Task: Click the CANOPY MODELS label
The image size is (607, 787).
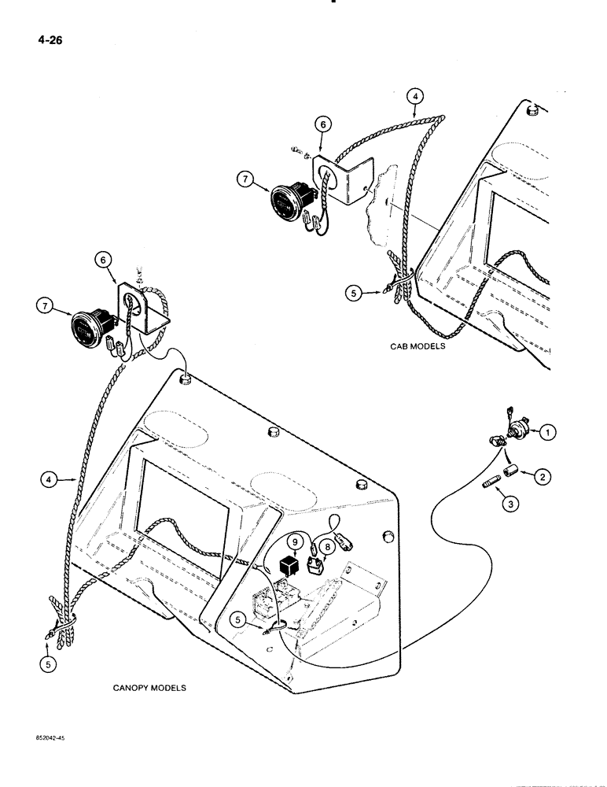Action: [x=149, y=687]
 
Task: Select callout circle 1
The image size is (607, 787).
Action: [x=547, y=430]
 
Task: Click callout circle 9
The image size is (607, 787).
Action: [x=292, y=541]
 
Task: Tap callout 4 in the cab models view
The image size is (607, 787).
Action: [x=416, y=97]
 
